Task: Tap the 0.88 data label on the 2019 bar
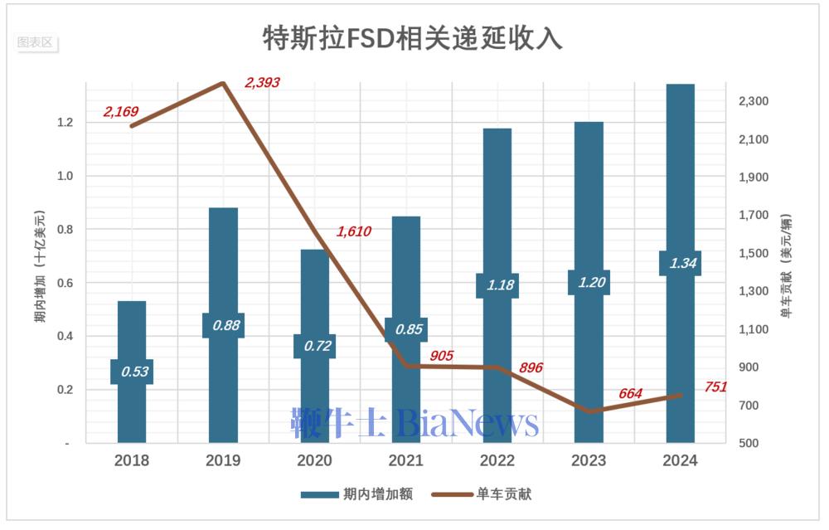pyautogui.click(x=223, y=325)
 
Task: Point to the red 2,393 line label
pyautogui.click(x=262, y=82)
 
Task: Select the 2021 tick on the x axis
pyautogui.click(x=406, y=460)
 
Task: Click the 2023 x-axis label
pyautogui.click(x=588, y=460)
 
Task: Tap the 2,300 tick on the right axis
pyautogui.click(x=753, y=101)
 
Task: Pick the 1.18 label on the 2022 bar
pyautogui.click(x=497, y=285)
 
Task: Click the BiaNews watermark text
pyautogui.click(x=468, y=423)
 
